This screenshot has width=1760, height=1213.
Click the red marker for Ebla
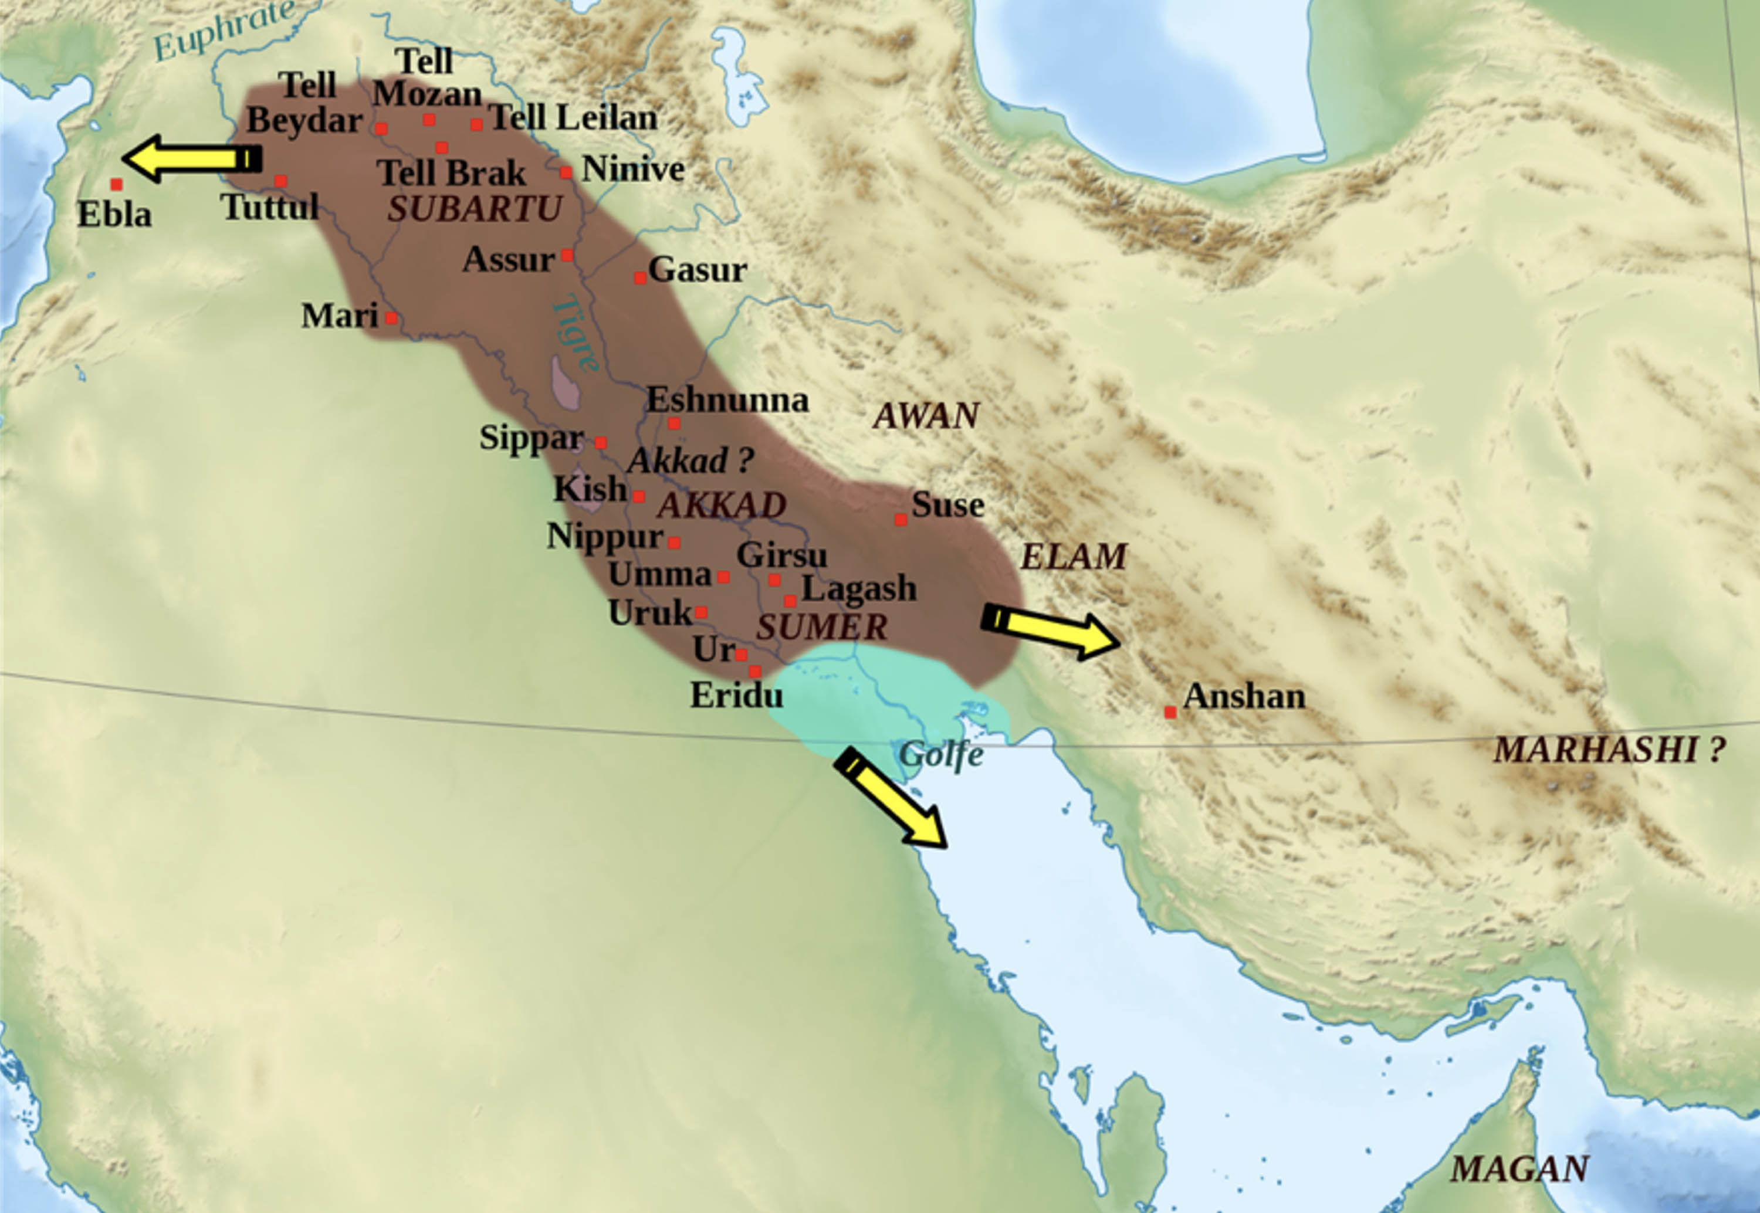tap(116, 184)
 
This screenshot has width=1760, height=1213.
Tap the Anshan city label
tap(1244, 696)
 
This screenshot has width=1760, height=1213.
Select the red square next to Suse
tap(901, 520)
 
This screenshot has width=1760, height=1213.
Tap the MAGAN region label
tap(1519, 1169)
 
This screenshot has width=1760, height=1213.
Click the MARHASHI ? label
tap(1608, 750)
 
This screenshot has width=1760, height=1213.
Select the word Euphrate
tap(224, 31)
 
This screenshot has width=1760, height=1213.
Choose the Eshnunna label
tap(727, 400)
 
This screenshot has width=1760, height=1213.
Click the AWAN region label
tap(926, 416)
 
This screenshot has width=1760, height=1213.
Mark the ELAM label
tap(1073, 557)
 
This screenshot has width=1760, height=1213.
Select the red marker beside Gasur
tap(640, 278)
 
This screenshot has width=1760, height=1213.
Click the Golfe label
tap(941, 755)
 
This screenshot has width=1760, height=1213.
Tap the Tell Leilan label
tap(574, 118)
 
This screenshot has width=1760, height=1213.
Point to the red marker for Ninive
tap(566, 172)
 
